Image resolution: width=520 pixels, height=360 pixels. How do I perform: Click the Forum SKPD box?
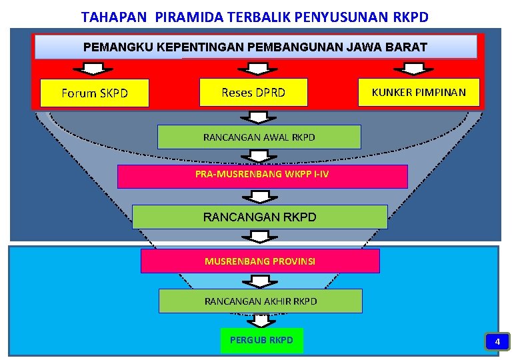(94, 93)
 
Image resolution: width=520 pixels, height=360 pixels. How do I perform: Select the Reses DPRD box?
(253, 93)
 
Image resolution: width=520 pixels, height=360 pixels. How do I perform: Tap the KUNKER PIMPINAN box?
(419, 92)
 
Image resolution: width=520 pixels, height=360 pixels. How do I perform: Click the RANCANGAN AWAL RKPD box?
(259, 137)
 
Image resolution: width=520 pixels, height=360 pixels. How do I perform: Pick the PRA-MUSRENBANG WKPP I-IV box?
(262, 177)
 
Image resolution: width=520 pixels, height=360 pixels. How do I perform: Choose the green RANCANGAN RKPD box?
(260, 217)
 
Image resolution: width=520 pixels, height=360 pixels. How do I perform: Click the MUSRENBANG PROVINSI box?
(260, 261)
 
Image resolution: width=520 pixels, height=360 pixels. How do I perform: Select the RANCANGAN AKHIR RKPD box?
(260, 301)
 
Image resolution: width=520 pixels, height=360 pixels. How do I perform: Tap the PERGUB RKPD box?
(261, 340)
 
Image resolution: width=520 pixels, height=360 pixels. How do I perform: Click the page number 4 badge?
(496, 342)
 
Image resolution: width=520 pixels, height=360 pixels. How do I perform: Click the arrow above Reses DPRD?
(253, 68)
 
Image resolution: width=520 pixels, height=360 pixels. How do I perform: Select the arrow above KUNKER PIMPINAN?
(414, 68)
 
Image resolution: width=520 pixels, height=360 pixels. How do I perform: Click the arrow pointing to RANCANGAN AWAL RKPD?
(259, 117)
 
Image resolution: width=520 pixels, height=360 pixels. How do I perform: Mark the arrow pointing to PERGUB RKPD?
(261, 319)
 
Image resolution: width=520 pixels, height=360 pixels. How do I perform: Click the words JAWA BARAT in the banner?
(395, 47)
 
